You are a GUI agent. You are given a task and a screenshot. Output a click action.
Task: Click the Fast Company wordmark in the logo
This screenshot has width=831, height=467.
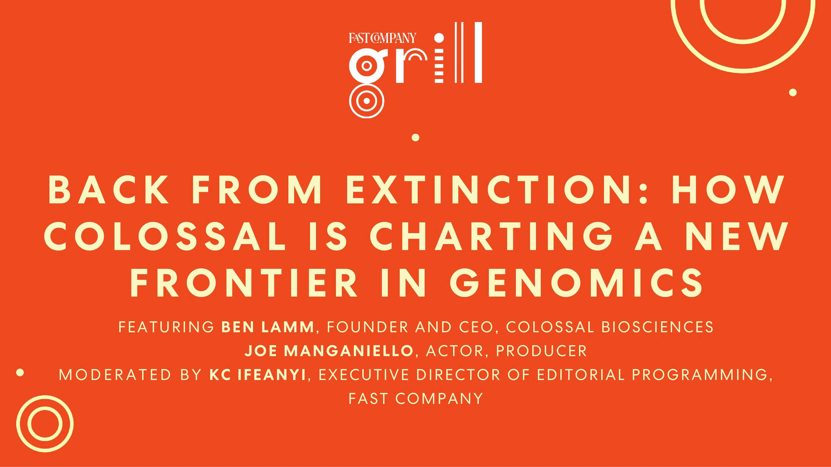click(x=382, y=38)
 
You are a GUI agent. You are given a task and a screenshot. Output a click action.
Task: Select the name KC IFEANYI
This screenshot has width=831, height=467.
click(x=257, y=375)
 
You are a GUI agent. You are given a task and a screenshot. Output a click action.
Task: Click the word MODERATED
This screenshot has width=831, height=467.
click(x=115, y=375)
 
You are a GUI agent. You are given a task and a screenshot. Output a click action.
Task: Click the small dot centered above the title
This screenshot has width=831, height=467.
click(x=415, y=138)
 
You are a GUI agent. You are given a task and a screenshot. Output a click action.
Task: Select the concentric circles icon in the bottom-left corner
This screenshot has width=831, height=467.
click(x=45, y=423)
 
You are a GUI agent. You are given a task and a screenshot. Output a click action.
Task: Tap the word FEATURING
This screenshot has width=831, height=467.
click(x=166, y=327)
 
